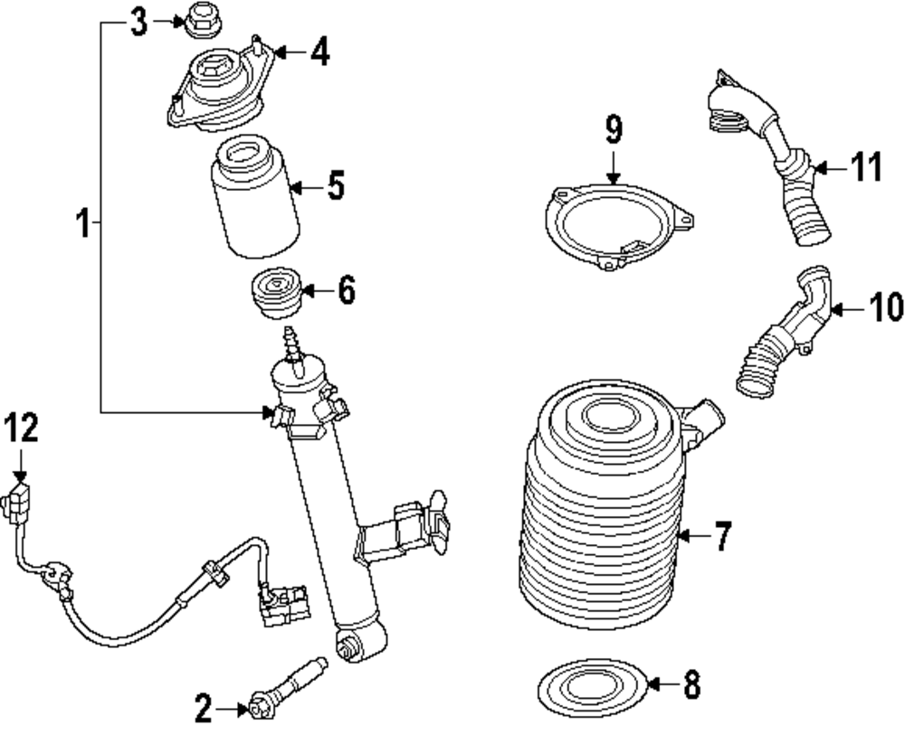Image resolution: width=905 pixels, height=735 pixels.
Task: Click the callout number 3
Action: tap(138, 23)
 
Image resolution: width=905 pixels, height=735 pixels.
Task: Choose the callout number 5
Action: tap(335, 186)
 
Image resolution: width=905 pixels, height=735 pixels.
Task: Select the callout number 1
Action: tap(82, 221)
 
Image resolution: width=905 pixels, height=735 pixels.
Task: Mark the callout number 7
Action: tap(720, 536)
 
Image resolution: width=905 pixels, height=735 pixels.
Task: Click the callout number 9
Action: tap(614, 130)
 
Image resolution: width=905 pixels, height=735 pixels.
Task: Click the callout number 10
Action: tap(886, 308)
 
